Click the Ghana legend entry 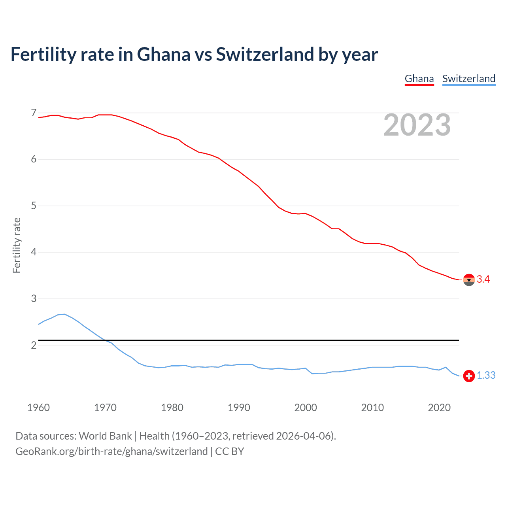tap(419, 79)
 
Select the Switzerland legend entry tap(468, 79)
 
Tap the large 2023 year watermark tap(417, 125)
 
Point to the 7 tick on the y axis tap(34, 113)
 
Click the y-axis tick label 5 tap(34, 206)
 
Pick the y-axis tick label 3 tap(34, 299)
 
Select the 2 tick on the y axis tap(34, 345)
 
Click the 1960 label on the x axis tap(38, 408)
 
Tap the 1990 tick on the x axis tap(239, 408)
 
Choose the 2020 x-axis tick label tap(439, 408)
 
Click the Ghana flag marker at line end tap(469, 279)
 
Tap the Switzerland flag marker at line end tap(469, 376)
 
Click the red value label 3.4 tap(483, 279)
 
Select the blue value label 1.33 tap(486, 376)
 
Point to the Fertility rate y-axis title tap(17, 245)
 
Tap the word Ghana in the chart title tap(164, 54)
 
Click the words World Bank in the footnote tap(105, 436)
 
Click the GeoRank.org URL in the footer tap(111, 451)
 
